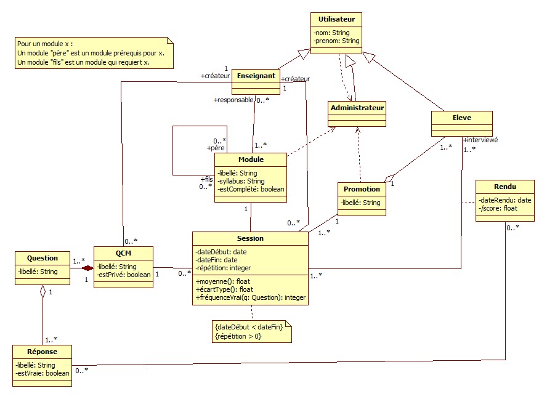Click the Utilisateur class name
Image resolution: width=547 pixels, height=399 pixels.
coord(336,20)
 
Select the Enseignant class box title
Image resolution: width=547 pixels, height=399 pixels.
coord(255,76)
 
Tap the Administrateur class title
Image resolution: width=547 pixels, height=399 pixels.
coord(357,108)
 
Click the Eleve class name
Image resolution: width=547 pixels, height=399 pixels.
coord(461,117)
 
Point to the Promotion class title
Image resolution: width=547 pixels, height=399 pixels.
coord(362,189)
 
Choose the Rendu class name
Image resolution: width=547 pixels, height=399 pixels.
coord(505,187)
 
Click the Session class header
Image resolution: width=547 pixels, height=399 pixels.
coord(249,238)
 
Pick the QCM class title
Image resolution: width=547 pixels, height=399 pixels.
coord(123,252)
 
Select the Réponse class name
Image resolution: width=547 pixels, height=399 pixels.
coord(42,352)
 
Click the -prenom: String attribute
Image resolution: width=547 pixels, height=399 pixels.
coord(336,41)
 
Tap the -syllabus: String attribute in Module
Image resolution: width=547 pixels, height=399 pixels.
coord(241,181)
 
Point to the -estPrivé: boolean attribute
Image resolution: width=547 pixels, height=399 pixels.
coord(123,275)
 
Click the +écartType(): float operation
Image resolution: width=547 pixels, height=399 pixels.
coord(224,289)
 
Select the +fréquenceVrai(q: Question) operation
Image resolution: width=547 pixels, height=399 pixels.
coord(250,298)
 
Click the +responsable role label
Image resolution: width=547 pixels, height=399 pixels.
coord(233,99)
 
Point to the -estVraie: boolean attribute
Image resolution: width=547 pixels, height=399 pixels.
coord(42,373)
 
